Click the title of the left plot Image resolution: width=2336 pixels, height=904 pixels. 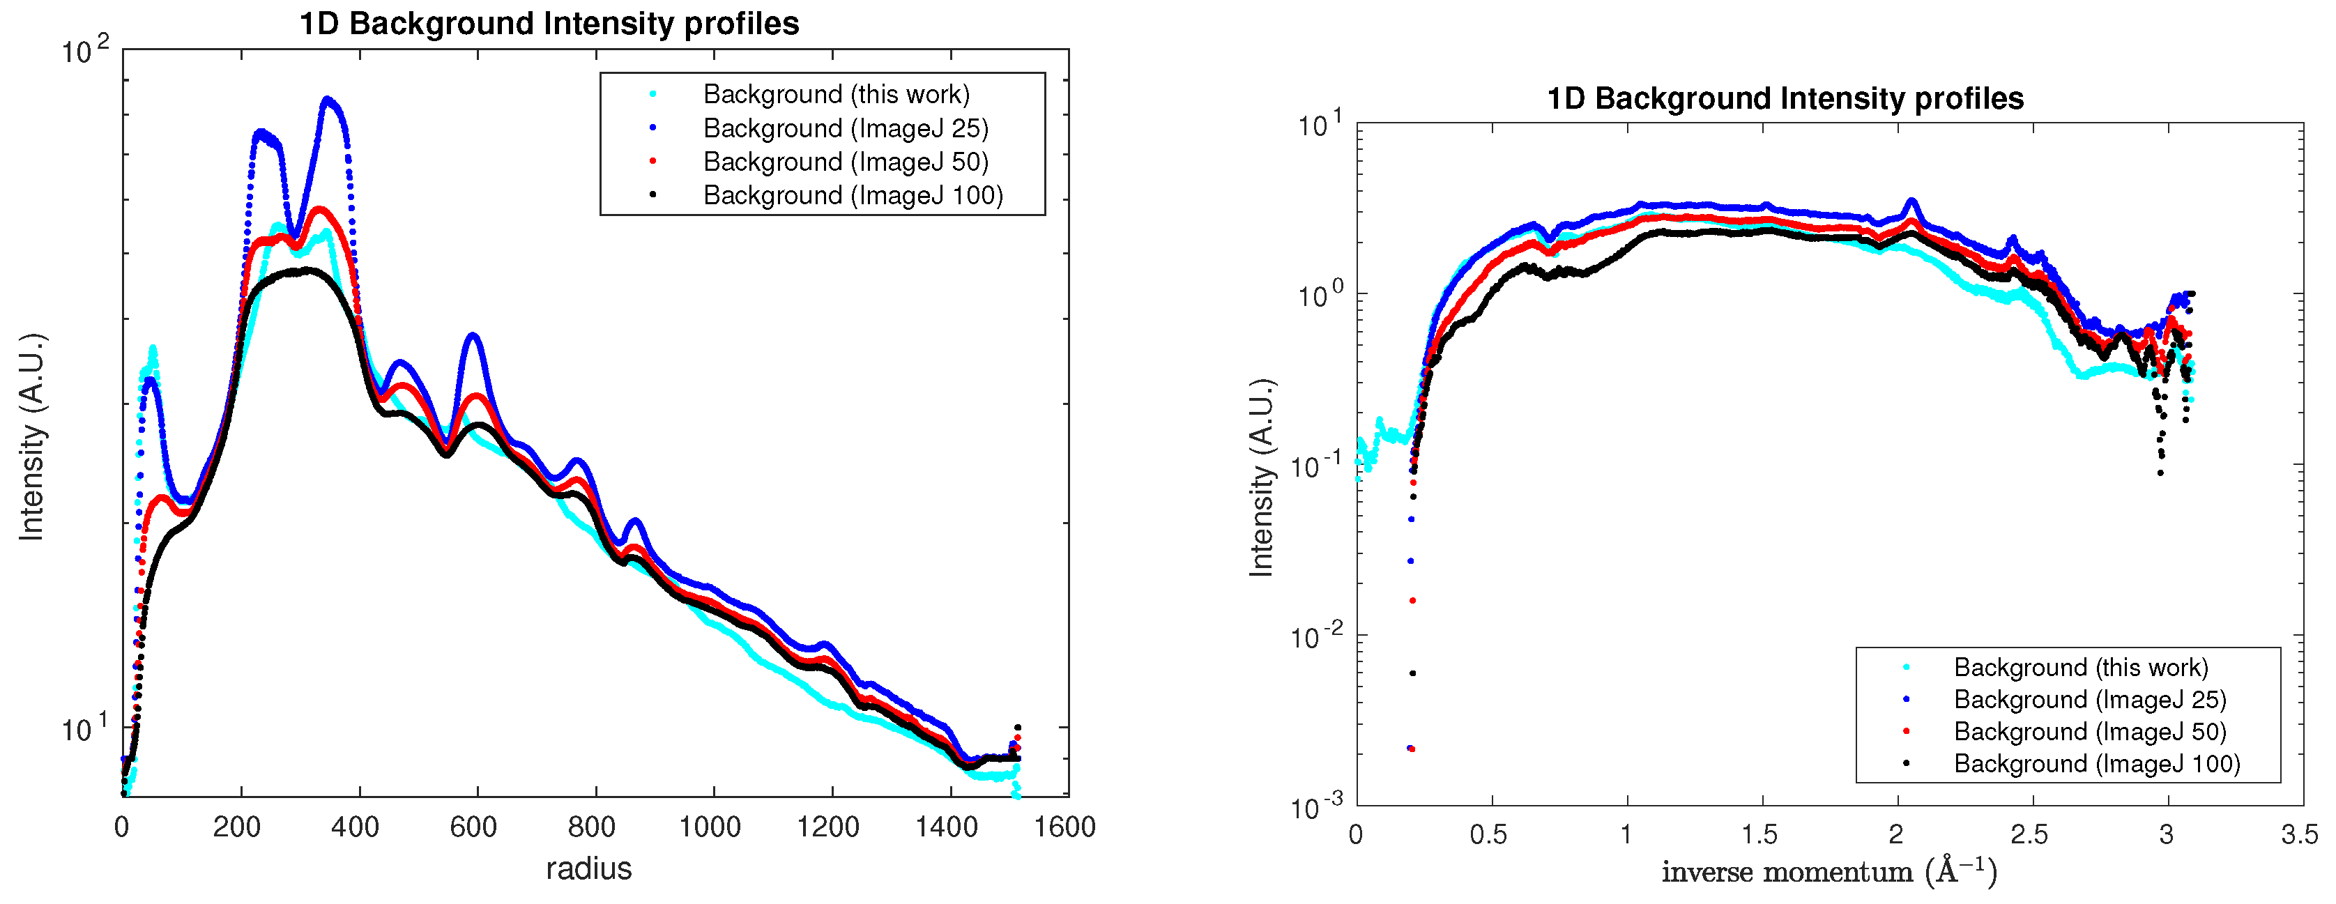pos(549,24)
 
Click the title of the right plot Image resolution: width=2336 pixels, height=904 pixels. pos(1785,98)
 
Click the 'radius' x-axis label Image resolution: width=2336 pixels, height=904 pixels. pos(588,868)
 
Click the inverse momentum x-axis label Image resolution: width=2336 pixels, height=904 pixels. pos(1829,871)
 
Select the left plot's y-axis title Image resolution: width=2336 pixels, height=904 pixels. pos(32,438)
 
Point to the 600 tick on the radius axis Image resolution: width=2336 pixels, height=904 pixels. pos(473,827)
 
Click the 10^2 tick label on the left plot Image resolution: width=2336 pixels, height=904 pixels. pos(84,51)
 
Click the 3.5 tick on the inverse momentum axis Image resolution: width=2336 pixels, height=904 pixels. pos(2299,834)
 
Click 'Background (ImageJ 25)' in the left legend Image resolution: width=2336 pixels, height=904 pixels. pos(845,128)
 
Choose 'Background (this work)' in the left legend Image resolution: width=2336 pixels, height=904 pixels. pos(836,94)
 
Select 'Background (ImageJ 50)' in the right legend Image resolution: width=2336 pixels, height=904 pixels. pos(2089,732)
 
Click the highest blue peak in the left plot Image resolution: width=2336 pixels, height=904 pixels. pos(328,100)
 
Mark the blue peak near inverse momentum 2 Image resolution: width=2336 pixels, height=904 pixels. pos(1911,200)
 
